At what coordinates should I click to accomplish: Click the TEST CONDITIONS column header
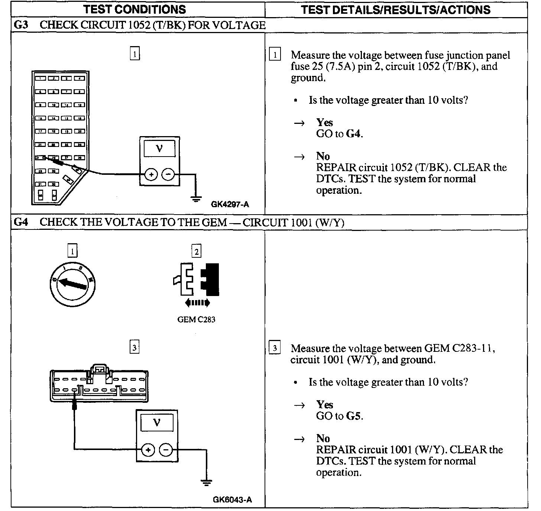tap(135, 9)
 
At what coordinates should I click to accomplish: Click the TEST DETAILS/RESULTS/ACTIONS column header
tap(396, 9)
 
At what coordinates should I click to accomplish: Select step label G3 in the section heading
tap(20, 25)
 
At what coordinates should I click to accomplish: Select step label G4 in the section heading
tap(20, 222)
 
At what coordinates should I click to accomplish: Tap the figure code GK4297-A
tap(230, 204)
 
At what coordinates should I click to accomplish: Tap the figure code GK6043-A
tap(232, 499)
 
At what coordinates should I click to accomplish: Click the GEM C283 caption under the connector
tap(196, 319)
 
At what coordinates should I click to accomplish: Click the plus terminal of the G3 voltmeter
tap(151, 174)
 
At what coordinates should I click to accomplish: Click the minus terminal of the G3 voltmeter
tap(169, 174)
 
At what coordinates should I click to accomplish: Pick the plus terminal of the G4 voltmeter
tap(148, 450)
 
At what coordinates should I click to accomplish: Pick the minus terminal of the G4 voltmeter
tap(166, 450)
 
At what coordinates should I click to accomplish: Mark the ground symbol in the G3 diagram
tap(195, 199)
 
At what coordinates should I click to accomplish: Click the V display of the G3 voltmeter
tap(159, 149)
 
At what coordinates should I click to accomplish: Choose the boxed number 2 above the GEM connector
tap(196, 252)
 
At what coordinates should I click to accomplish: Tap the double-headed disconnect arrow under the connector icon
tap(197, 303)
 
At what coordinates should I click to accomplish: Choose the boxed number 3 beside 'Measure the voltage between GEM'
tap(275, 348)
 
